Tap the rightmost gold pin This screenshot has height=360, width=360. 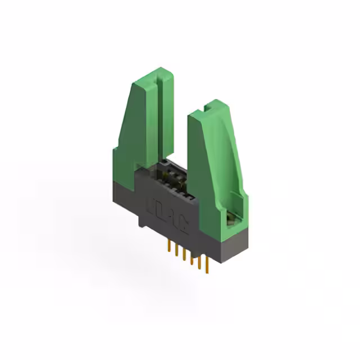pos(206,264)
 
